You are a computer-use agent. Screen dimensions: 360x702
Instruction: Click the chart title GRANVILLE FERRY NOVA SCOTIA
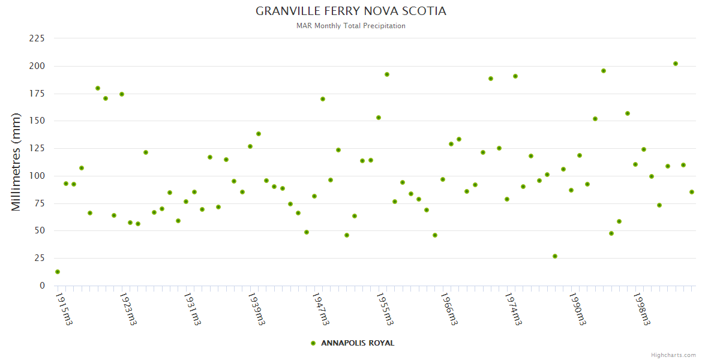351,11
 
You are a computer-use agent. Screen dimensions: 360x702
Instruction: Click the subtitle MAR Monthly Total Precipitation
351,26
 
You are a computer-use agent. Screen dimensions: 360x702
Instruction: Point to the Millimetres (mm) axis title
16,162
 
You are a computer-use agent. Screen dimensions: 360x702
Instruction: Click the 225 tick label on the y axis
37,38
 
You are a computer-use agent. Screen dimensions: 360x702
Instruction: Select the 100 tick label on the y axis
37,176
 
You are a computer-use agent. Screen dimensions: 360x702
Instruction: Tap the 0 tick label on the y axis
42,286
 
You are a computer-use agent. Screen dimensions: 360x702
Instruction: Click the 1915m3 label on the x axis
64,309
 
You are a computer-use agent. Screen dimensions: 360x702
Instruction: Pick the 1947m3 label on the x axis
320,309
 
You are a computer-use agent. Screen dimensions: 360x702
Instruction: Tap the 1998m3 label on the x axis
641,309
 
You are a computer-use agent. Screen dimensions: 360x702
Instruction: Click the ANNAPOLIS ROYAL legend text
358,343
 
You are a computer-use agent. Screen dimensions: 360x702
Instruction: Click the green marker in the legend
313,343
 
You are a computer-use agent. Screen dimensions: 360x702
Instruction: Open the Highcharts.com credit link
673,355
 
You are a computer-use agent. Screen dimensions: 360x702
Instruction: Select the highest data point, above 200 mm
676,64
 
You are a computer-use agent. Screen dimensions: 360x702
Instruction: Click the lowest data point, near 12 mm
58,272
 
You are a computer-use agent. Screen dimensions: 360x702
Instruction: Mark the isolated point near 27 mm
555,256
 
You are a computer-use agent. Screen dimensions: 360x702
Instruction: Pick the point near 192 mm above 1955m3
387,74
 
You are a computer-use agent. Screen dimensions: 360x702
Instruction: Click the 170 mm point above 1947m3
323,99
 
